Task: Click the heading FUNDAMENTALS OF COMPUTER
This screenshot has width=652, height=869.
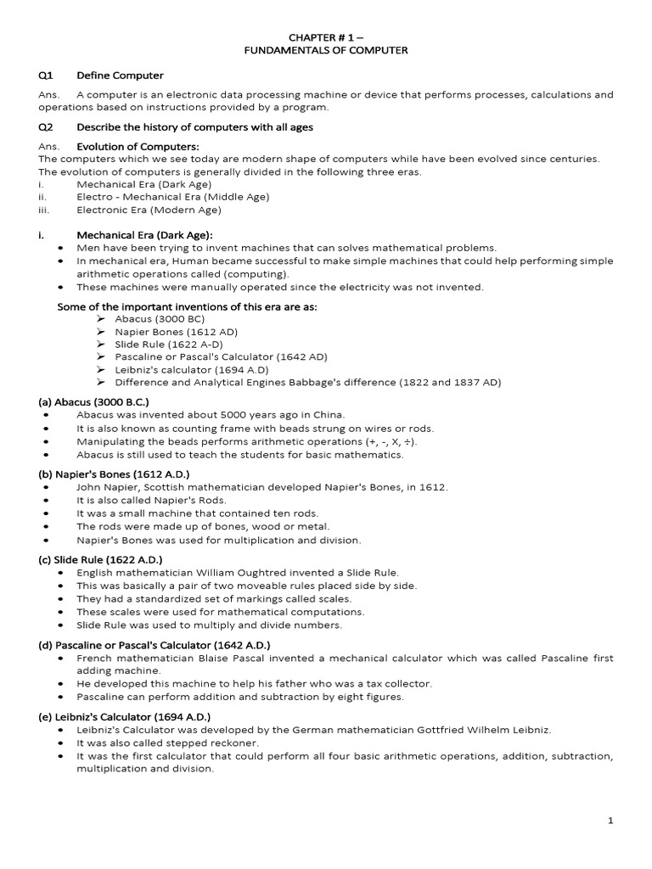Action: [x=325, y=51]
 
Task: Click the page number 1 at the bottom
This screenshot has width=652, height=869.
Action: [x=610, y=821]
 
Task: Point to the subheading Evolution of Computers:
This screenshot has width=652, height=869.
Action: [x=138, y=147]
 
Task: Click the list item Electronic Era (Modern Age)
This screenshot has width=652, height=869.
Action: [x=149, y=210]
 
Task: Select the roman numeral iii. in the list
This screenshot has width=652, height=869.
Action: [x=44, y=210]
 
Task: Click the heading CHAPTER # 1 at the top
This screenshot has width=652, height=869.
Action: [x=325, y=37]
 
